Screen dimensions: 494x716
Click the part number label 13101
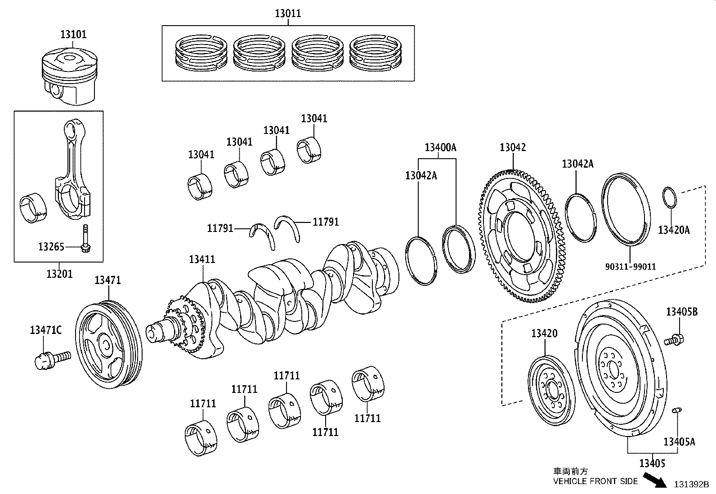pos(73,34)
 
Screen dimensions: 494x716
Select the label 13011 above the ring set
pos(288,13)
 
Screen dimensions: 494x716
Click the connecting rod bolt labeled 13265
pos(85,238)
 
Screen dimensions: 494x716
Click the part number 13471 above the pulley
pos(107,280)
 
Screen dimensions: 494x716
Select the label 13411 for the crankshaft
pos(202,259)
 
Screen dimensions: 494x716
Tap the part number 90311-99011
pos(630,267)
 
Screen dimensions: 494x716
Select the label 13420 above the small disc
pos(544,334)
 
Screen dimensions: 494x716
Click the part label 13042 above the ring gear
pos(513,147)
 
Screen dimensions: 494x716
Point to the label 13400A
pos(440,147)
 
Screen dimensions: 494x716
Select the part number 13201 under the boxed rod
pos(59,273)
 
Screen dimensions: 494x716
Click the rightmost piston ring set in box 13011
pos(375,53)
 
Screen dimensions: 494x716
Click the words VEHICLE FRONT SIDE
pos(595,481)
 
